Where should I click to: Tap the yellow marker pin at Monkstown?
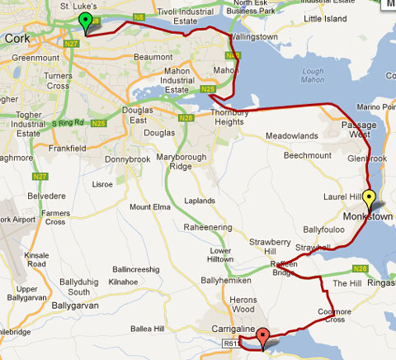click(370, 199)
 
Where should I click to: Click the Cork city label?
click(18, 38)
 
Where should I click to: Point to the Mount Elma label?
click(148, 206)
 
